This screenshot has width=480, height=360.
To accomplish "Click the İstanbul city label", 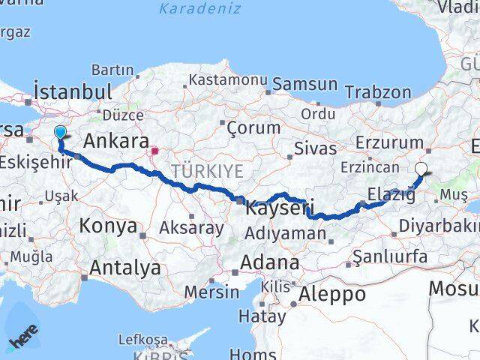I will click(x=73, y=91).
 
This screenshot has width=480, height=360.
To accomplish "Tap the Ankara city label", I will click(x=115, y=140).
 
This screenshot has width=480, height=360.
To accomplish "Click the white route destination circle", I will click(x=421, y=169).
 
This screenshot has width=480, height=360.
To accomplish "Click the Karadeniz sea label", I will click(x=199, y=9).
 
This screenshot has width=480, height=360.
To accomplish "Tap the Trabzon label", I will click(x=378, y=93).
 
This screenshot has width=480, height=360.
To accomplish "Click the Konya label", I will click(x=108, y=225).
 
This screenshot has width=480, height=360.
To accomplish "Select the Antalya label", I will click(x=124, y=267).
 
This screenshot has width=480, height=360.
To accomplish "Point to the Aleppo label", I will click(x=332, y=293).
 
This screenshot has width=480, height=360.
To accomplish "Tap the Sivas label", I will click(x=315, y=147).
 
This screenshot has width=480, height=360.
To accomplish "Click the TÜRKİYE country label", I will click(x=206, y=171).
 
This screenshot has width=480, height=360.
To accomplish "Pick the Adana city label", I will click(x=269, y=263).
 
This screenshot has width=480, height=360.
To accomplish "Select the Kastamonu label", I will click(x=223, y=79).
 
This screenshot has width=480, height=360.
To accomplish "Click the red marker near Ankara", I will click(x=154, y=151).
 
